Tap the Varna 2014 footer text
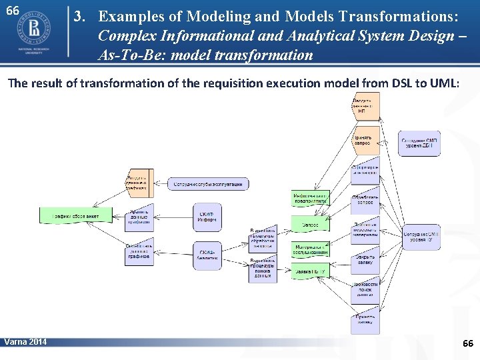point(25,342)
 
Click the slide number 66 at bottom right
point(467,343)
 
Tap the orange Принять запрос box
point(365,140)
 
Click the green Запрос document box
point(310,225)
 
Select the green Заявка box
point(310,271)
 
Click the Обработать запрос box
point(365,200)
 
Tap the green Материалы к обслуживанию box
point(310,249)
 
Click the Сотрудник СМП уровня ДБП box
point(419,144)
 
